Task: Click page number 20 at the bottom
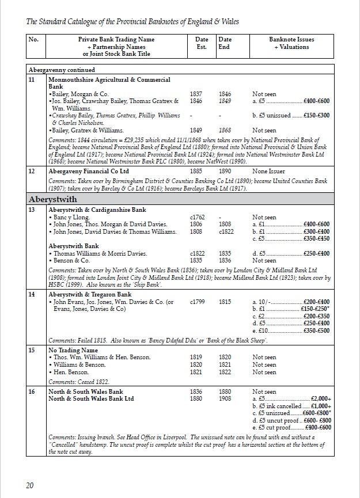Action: [x=30, y=485]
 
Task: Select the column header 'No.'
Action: [x=34, y=40]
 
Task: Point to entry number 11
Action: [x=32, y=79]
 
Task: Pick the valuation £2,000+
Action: [x=321, y=399]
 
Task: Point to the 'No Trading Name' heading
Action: [x=73, y=350]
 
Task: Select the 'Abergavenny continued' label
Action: [x=62, y=70]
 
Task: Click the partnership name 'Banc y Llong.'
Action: [x=71, y=218]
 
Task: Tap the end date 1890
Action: [x=225, y=171]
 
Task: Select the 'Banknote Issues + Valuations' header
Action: [x=291, y=43]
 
